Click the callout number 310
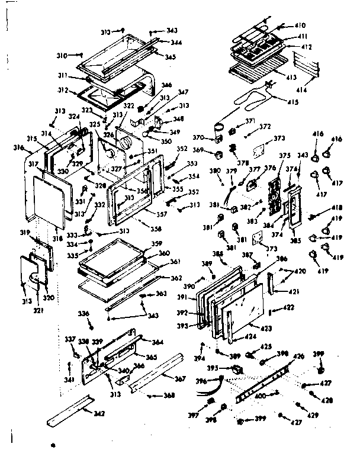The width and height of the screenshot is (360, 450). click(x=62, y=55)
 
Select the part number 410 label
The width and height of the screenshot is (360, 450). click(x=300, y=25)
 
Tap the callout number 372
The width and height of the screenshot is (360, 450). click(x=265, y=127)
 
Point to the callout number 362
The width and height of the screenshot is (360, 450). click(x=176, y=278)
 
